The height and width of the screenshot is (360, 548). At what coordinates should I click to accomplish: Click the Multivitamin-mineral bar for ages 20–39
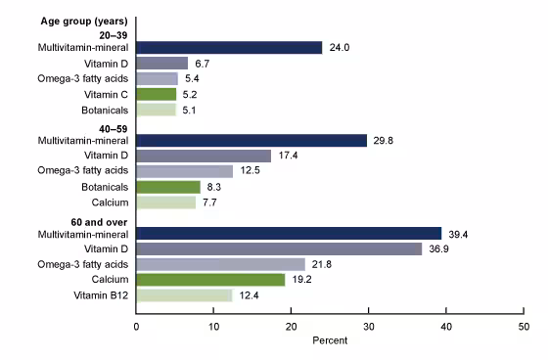(x=229, y=47)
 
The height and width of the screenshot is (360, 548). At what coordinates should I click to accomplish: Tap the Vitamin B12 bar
(x=184, y=294)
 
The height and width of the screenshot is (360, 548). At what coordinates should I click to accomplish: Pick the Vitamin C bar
(x=157, y=94)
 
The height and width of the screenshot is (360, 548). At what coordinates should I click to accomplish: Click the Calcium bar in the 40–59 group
(x=166, y=202)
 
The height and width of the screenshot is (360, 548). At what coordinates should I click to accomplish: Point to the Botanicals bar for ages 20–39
(x=157, y=110)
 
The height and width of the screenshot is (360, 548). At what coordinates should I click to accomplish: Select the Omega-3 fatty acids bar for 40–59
(x=185, y=171)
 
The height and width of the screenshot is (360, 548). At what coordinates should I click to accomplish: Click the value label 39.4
(x=458, y=233)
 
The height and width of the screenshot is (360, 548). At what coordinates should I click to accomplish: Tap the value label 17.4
(x=288, y=156)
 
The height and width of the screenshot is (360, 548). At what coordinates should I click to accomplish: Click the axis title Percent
(x=330, y=343)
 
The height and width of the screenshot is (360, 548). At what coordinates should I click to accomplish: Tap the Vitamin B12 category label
(x=99, y=294)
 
